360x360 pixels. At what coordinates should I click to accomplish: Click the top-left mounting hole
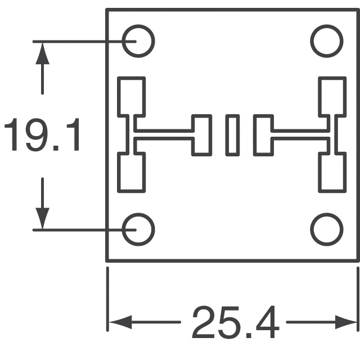pos(138,41)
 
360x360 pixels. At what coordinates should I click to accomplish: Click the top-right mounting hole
pos(327,41)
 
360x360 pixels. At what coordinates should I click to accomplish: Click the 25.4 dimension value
pos(235,323)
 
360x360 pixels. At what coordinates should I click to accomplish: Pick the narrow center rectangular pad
pos(232,135)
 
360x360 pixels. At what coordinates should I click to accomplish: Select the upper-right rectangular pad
pos(331,96)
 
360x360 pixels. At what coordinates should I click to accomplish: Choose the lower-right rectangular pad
pos(331,173)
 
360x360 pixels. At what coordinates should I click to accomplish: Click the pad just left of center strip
pos(201,135)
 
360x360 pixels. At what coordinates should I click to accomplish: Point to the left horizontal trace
pos(164,134)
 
